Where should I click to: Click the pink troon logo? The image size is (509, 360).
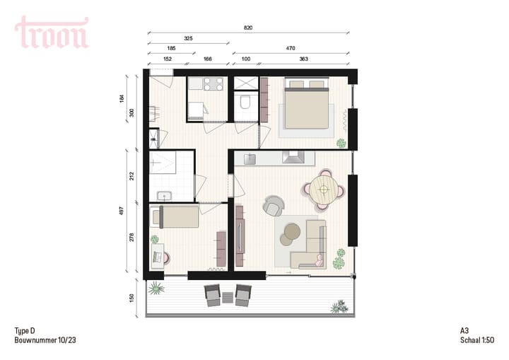52,33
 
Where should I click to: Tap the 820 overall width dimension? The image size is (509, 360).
248,28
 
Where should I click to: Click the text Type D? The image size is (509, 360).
24,330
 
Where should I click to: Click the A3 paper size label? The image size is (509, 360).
464,330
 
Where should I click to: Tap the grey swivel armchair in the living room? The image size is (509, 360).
274,206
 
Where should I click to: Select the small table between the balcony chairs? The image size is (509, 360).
228,297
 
